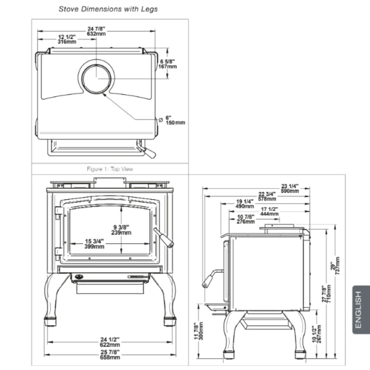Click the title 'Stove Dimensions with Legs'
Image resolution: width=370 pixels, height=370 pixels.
[x=108, y=9]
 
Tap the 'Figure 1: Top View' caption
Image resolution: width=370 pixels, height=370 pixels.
[x=110, y=169]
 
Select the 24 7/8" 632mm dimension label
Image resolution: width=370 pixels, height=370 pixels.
[x=96, y=31]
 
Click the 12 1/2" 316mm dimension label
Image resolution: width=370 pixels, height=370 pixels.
[x=67, y=39]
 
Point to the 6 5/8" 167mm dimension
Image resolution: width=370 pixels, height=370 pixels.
[x=168, y=64]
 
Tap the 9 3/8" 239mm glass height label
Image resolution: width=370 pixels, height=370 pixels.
[x=121, y=229]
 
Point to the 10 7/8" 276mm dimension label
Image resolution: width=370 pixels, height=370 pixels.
[x=246, y=219]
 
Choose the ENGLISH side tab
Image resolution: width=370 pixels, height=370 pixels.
[x=358, y=309]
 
